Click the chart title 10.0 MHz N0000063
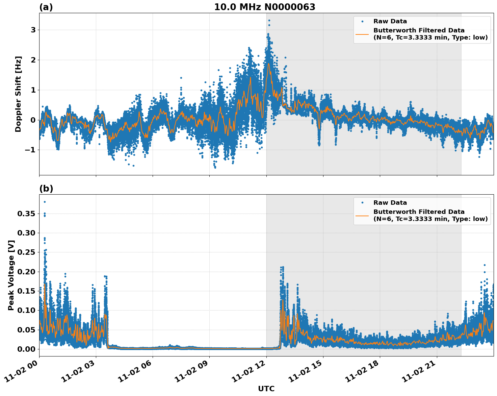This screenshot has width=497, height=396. pyautogui.click(x=264, y=7)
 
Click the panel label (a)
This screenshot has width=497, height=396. pyautogui.click(x=46, y=7)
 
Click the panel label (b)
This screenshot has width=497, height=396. pyautogui.click(x=46, y=189)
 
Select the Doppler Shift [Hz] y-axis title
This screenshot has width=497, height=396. pyautogui.click(x=18, y=94)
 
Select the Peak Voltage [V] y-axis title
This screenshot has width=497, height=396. pyautogui.click(x=11, y=275)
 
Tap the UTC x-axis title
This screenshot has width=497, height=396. pyautogui.click(x=266, y=389)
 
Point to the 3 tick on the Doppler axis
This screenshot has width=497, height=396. pyautogui.click(x=33, y=30)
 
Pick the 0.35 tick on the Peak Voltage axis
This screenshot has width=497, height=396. pyautogui.click(x=26, y=214)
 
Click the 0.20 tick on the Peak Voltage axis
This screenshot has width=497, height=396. pyautogui.click(x=26, y=272)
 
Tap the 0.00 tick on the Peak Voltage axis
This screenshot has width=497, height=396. pyautogui.click(x=26, y=349)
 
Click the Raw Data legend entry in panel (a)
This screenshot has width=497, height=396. pyautogui.click(x=390, y=21)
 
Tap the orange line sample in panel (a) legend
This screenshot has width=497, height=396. pyautogui.click(x=362, y=34)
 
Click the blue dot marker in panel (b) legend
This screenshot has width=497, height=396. pyautogui.click(x=362, y=203)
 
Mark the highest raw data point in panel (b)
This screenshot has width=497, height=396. pyautogui.click(x=45, y=202)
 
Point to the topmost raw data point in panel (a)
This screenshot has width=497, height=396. pyautogui.click(x=269, y=20)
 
